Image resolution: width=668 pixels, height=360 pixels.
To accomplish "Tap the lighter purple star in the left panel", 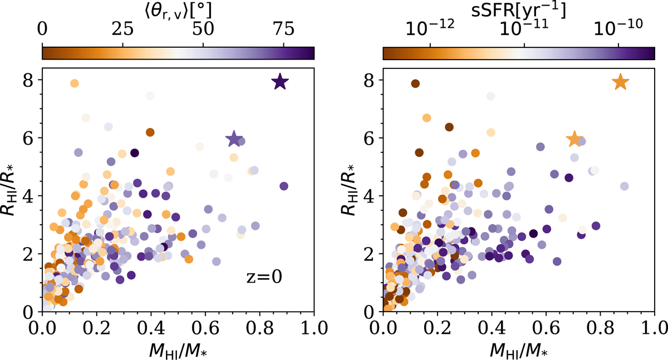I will [234, 139].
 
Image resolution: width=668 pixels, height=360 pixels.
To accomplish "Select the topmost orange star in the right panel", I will [621, 82].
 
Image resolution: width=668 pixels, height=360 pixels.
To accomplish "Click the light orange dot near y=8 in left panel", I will [74, 83].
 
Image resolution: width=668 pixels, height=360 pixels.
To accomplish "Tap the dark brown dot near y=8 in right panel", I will [415, 83].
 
